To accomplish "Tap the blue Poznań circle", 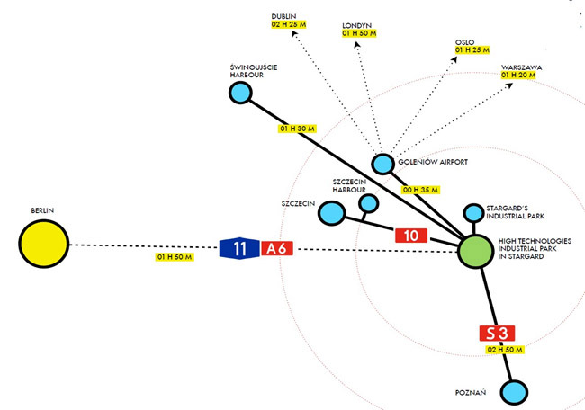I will click(x=514, y=392).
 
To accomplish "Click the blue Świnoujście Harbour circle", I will click(x=240, y=93).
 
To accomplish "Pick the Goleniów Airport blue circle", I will click(x=383, y=164).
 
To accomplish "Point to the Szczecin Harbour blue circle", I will click(x=368, y=204).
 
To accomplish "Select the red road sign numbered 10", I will click(x=411, y=236).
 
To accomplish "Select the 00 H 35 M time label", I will click(x=421, y=190).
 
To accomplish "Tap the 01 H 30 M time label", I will click(x=297, y=129).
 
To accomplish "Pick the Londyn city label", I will click(x=356, y=24).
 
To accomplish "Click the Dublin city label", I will click(x=286, y=15).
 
